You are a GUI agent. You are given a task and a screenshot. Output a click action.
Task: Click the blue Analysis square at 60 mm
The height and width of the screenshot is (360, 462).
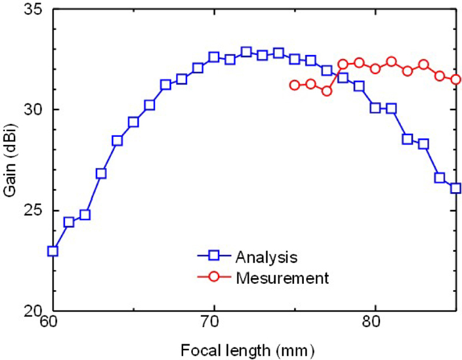click(53, 251)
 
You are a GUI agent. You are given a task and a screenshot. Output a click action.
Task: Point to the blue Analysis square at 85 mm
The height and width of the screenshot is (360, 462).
click(456, 188)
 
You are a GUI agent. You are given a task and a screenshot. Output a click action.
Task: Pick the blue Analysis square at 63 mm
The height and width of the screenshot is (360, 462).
click(101, 173)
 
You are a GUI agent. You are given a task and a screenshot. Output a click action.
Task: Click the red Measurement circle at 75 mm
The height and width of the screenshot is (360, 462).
click(295, 85)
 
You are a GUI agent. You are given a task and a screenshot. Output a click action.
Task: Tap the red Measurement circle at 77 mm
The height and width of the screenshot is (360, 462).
click(327, 91)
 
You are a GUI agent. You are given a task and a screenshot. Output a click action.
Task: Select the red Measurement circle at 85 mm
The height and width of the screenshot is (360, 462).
click(456, 79)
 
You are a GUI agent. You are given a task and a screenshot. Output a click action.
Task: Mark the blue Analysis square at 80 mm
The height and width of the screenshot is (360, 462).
click(375, 108)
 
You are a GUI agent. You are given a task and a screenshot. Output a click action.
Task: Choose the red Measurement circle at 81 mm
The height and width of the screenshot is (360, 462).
click(391, 62)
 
